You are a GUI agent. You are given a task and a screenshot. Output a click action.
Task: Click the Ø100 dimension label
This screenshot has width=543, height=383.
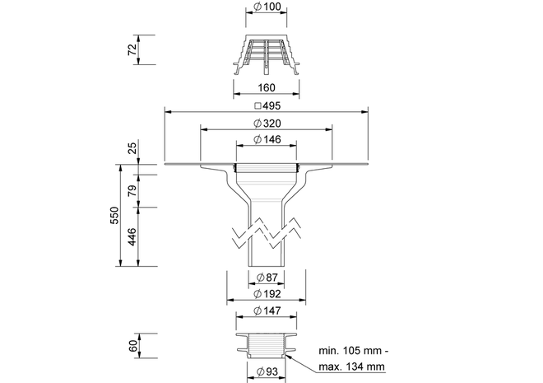[267, 7]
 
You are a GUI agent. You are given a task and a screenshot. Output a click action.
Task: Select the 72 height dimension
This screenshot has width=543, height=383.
[132, 49]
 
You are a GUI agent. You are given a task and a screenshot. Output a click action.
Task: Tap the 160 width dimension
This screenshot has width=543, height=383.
[267, 87]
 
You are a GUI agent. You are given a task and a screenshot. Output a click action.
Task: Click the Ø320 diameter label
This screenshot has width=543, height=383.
[267, 123]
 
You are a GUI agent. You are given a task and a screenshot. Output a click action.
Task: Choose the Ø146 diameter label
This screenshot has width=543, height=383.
[267, 139]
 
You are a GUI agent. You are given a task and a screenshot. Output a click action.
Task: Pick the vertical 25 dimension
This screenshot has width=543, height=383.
[132, 148]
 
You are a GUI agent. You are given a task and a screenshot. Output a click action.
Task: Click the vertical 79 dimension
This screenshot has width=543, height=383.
[132, 190]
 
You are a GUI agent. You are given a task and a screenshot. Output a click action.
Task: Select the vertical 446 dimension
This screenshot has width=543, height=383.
[132, 237]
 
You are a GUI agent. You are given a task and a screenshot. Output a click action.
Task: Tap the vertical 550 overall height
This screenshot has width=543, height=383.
[114, 215]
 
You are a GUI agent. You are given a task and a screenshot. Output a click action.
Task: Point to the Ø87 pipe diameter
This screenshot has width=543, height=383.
[267, 278]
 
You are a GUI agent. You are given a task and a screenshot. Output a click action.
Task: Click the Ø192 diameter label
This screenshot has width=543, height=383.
[267, 294]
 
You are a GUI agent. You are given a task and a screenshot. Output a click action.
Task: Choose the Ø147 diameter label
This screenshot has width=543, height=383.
[267, 311]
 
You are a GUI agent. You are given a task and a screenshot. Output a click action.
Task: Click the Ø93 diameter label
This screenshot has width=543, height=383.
[267, 371]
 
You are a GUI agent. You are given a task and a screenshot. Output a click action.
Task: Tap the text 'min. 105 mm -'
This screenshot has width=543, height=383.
[354, 351]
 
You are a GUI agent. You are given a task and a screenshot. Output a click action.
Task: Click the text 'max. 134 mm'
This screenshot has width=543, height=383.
[351, 367]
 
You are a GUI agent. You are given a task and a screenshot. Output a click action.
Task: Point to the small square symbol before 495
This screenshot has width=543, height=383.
[258, 106]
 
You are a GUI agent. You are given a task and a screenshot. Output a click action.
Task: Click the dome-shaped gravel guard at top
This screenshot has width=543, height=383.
[267, 54]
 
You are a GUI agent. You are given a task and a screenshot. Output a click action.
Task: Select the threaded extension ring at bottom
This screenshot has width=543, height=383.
[267, 346]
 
